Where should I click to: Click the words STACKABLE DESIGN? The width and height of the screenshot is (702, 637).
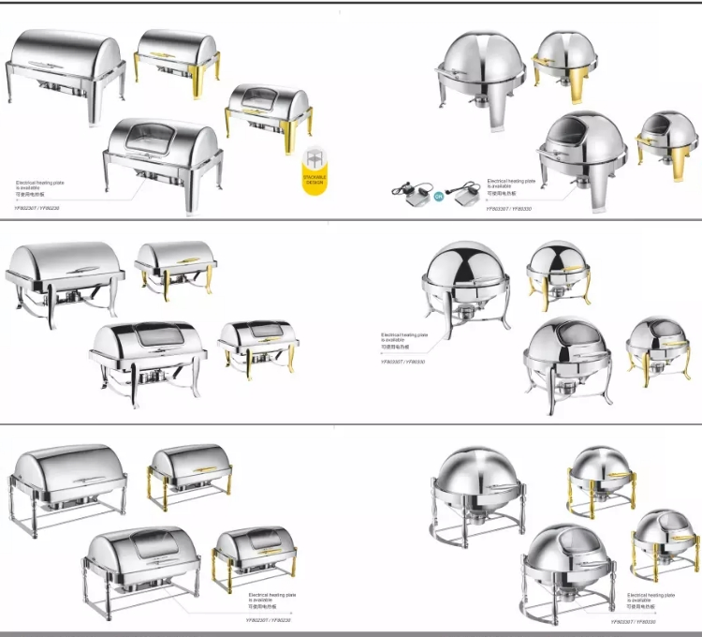(314, 179)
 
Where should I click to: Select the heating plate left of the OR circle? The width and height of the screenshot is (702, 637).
(408, 194)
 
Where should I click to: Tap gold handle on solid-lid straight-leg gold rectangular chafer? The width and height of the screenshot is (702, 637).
(176, 54)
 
